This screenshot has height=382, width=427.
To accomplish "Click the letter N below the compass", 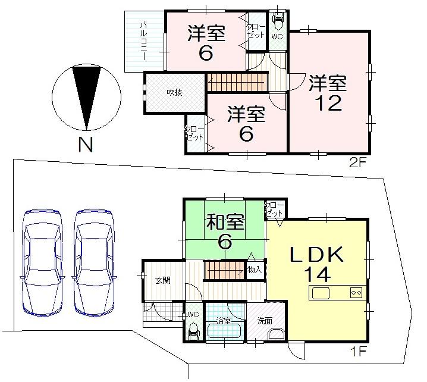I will click(x=87, y=144).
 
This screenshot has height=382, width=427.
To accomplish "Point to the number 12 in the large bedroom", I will click(x=326, y=103).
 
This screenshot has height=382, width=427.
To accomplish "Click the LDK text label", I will click(x=317, y=255).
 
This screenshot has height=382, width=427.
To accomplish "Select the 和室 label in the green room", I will click(x=225, y=223).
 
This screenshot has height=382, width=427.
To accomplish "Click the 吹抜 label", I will click(x=174, y=92).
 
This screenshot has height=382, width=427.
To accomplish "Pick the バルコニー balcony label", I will click(x=144, y=42).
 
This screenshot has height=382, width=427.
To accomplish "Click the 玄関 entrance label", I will click(x=163, y=280).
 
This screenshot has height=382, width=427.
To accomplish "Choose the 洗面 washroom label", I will click(x=265, y=321).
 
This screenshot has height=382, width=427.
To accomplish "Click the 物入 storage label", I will click(x=254, y=270).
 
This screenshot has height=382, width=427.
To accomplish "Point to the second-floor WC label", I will click(x=277, y=36).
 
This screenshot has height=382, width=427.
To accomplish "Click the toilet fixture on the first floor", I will click(x=193, y=331).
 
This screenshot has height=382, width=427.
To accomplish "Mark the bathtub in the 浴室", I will click(x=224, y=333).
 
